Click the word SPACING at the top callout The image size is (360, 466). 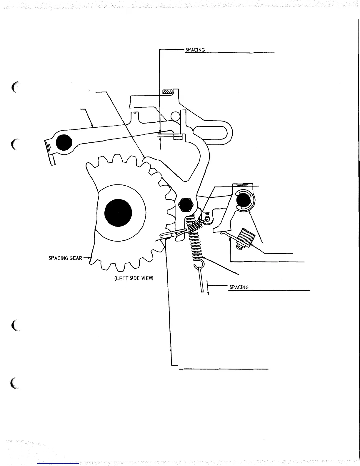[195, 50]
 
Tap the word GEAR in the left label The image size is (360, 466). [76, 258]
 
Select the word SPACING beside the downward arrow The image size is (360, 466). [239, 287]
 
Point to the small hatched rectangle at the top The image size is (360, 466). [167, 92]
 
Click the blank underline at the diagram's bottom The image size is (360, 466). [224, 368]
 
